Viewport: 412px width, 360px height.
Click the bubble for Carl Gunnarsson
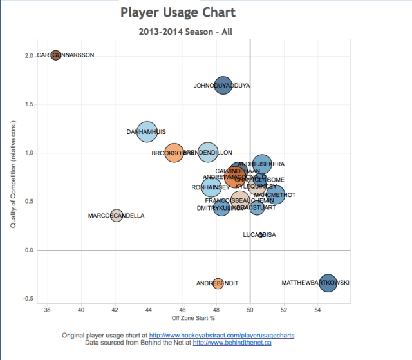tap(56, 55)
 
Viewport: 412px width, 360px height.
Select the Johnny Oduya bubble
tap(223, 85)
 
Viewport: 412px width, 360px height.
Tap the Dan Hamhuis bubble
tap(149, 131)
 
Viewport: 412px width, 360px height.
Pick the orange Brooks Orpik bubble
tap(174, 153)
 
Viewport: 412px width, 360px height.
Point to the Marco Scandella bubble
tap(117, 216)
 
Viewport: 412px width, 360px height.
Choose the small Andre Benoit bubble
tap(218, 283)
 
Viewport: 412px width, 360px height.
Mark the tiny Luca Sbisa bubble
tap(260, 235)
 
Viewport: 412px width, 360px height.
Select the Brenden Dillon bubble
tap(208, 153)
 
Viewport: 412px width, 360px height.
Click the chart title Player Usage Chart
tap(178, 13)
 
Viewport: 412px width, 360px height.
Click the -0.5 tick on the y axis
tap(28, 299)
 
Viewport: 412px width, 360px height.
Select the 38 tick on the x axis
tap(47, 310)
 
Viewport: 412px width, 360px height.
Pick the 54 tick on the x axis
tap(317, 310)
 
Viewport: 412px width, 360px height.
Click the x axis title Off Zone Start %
tap(193, 319)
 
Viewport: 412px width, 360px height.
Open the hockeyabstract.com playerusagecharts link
tap(221, 336)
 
